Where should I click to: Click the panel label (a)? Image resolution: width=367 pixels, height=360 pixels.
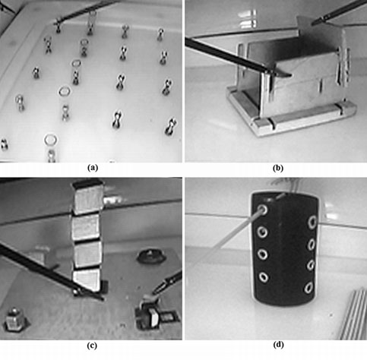pyautogui.click(x=92, y=168)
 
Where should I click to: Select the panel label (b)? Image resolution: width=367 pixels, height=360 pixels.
pyautogui.click(x=278, y=168)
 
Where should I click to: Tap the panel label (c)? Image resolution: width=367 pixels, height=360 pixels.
pyautogui.click(x=92, y=346)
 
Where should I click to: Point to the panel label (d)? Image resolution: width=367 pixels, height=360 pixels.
pyautogui.click(x=278, y=345)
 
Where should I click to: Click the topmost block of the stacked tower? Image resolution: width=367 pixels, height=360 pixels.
pyautogui.click(x=87, y=197)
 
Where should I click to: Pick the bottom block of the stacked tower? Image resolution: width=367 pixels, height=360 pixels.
pyautogui.click(x=87, y=280)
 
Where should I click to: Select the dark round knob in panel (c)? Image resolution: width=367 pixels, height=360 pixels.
pyautogui.click(x=150, y=256)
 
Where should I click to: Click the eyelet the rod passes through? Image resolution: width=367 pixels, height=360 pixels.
pyautogui.click(x=263, y=210)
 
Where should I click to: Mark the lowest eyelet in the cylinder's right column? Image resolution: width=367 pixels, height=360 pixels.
pyautogui.click(x=308, y=288)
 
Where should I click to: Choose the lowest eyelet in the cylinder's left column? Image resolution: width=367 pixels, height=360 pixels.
pyautogui.click(x=264, y=277)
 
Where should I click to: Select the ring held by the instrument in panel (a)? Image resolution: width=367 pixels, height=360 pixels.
pyautogui.click(x=92, y=17)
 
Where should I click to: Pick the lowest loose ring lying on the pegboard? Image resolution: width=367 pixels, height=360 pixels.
pyautogui.click(x=50, y=139)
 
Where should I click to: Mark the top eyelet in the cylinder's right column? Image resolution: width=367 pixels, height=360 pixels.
pyautogui.click(x=313, y=222)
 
